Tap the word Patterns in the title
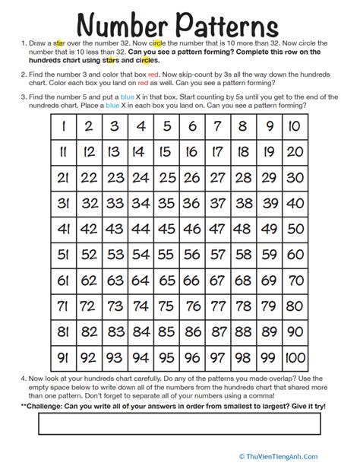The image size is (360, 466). (x=241, y=21)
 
